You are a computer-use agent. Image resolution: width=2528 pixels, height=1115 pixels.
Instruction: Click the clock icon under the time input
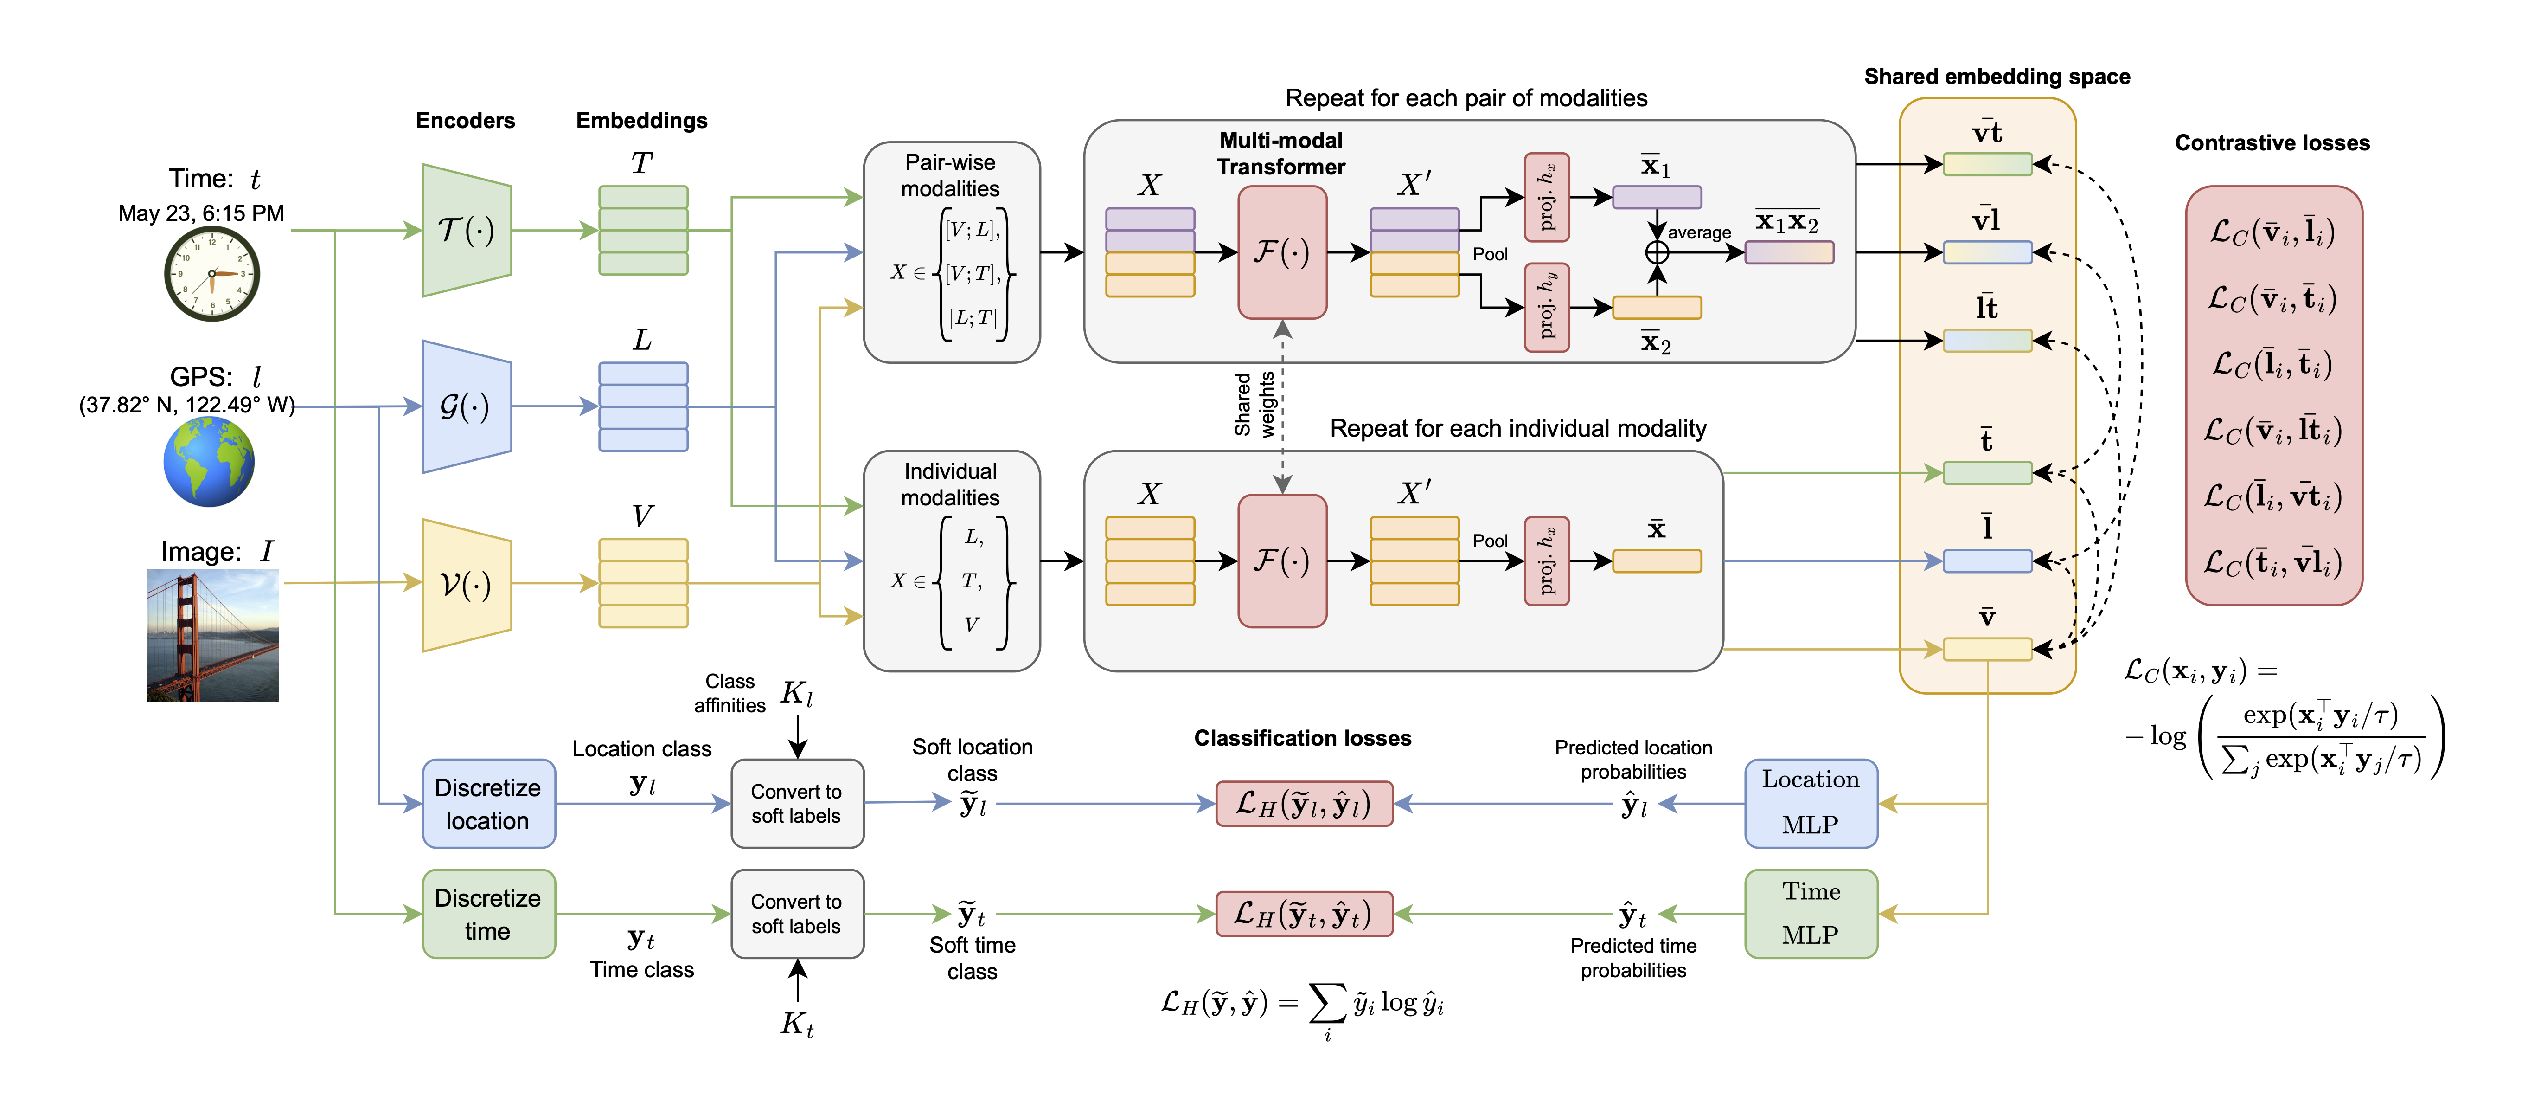coord(211,274)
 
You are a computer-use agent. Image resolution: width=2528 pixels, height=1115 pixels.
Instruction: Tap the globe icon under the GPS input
coord(209,461)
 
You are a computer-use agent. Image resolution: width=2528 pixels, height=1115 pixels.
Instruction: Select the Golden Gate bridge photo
coord(213,635)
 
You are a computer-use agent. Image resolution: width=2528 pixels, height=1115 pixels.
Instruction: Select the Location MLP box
coord(1811,803)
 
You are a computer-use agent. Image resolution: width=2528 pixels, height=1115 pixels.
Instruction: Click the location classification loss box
coord(1303,804)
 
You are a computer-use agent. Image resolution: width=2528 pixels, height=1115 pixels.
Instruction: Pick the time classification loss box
coord(1303,914)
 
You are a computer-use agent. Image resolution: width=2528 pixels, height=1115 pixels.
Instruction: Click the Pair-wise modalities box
coord(951,252)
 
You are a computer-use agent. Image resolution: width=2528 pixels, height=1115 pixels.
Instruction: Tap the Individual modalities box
coord(951,561)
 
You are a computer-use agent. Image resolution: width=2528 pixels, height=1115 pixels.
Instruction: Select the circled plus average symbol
coord(1657,252)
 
